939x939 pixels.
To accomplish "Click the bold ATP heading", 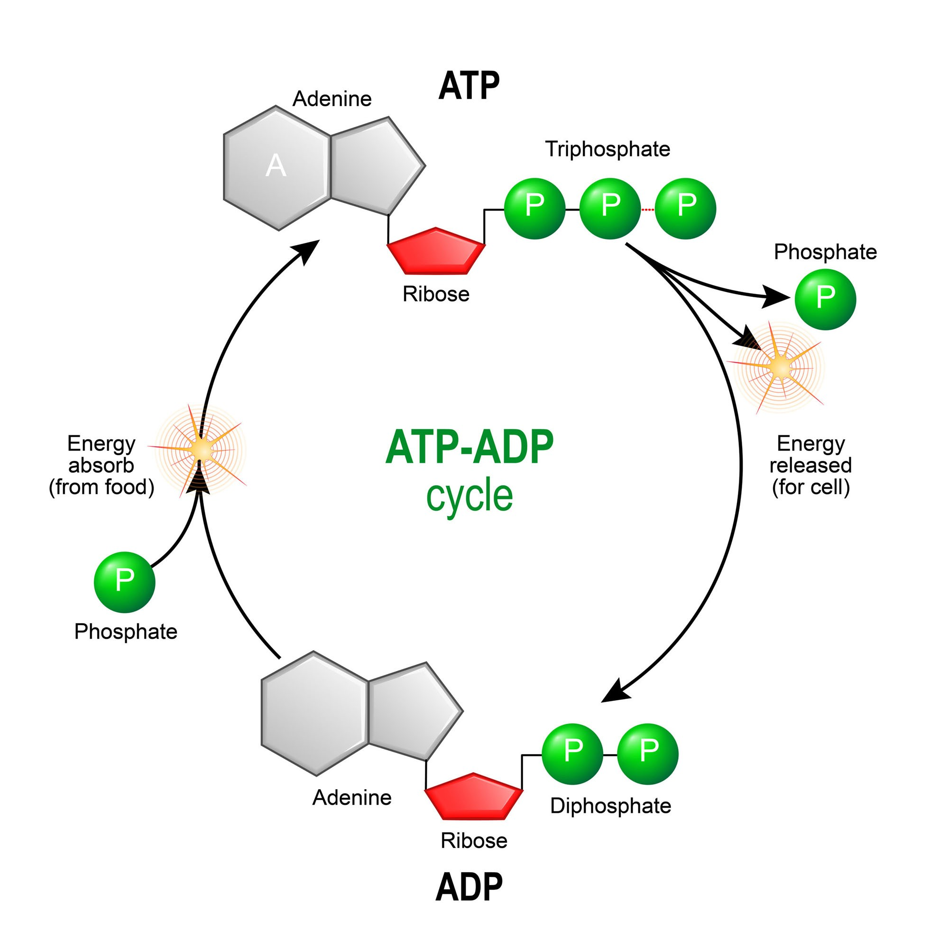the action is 469,86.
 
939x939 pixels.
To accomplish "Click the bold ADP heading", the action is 469,887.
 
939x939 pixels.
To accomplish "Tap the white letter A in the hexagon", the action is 276,166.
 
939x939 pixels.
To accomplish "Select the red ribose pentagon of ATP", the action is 436,251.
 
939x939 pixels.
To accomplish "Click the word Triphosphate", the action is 607,149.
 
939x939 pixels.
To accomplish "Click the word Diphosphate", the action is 610,806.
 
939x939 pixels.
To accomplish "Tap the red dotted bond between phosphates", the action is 647,210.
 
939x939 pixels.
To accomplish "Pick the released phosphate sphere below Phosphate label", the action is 825,299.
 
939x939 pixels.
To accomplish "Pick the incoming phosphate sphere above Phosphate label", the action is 124,582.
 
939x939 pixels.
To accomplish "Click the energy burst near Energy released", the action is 780,367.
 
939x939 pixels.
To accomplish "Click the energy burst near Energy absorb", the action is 200,450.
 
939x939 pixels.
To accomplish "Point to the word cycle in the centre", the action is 469,497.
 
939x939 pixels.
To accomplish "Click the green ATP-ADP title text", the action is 469,447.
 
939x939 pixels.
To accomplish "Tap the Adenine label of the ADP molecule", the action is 351,798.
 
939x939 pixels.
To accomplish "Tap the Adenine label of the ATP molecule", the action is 331,99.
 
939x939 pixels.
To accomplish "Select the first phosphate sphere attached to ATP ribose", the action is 534,209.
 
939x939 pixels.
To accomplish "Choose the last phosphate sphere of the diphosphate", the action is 647,754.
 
